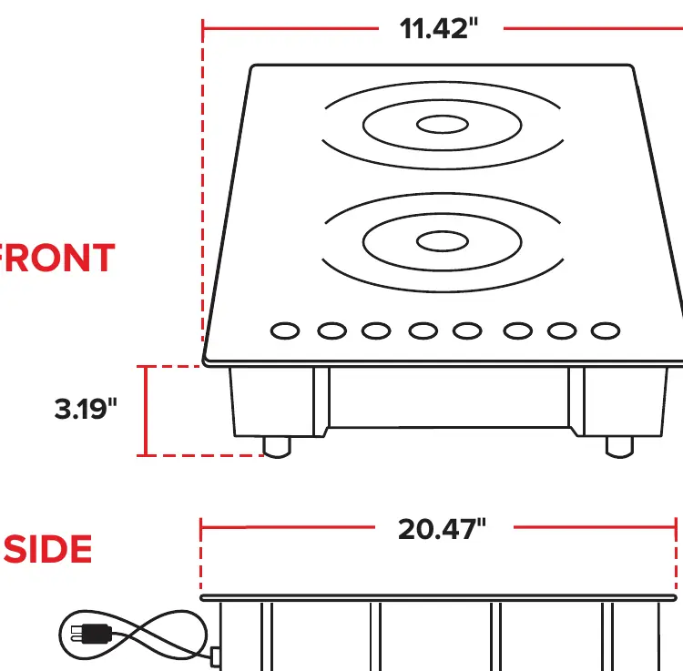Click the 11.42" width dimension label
[x=439, y=29]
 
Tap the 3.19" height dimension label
[x=86, y=409]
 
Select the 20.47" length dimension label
[x=442, y=529]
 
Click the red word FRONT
[x=57, y=258]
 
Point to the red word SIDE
[x=48, y=549]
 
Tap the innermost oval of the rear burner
[x=443, y=125]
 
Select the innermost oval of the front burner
[x=443, y=241]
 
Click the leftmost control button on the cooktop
[x=285, y=330]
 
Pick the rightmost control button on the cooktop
[x=606, y=330]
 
